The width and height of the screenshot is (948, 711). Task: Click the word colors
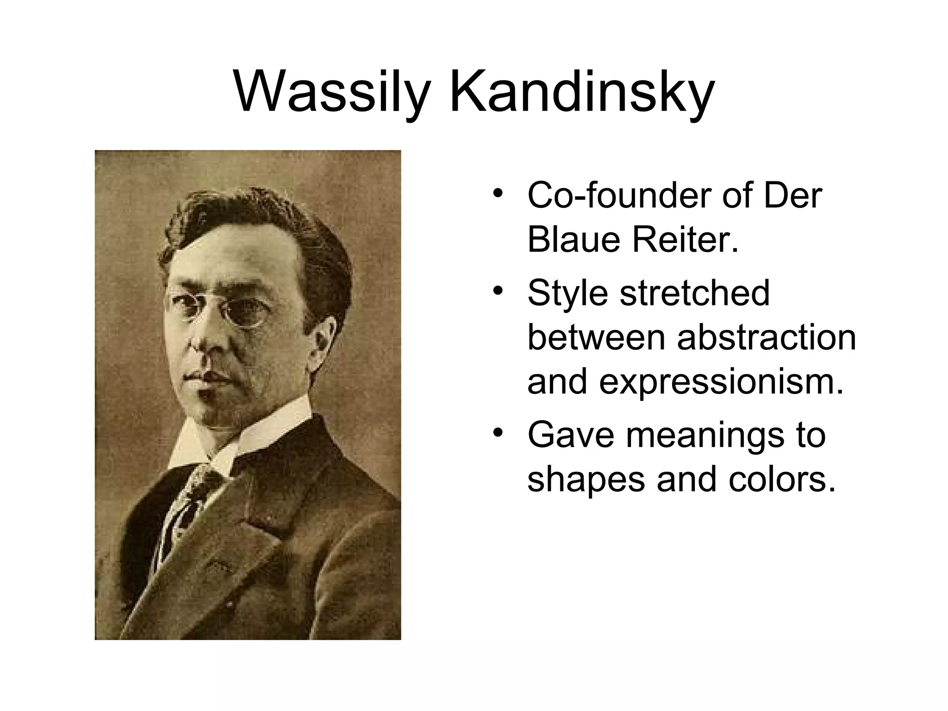pos(782,480)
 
